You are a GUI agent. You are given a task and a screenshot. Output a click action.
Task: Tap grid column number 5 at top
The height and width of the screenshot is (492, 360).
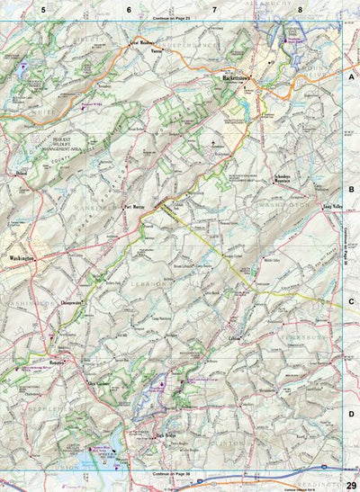(42, 10)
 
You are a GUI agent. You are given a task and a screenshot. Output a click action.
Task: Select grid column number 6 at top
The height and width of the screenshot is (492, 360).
(129, 10)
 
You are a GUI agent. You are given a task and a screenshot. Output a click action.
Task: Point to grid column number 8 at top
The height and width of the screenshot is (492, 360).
(300, 10)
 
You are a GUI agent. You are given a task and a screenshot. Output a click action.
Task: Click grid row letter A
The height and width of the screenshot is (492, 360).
(351, 78)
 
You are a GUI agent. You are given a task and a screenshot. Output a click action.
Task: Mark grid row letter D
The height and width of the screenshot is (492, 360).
(351, 389)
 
